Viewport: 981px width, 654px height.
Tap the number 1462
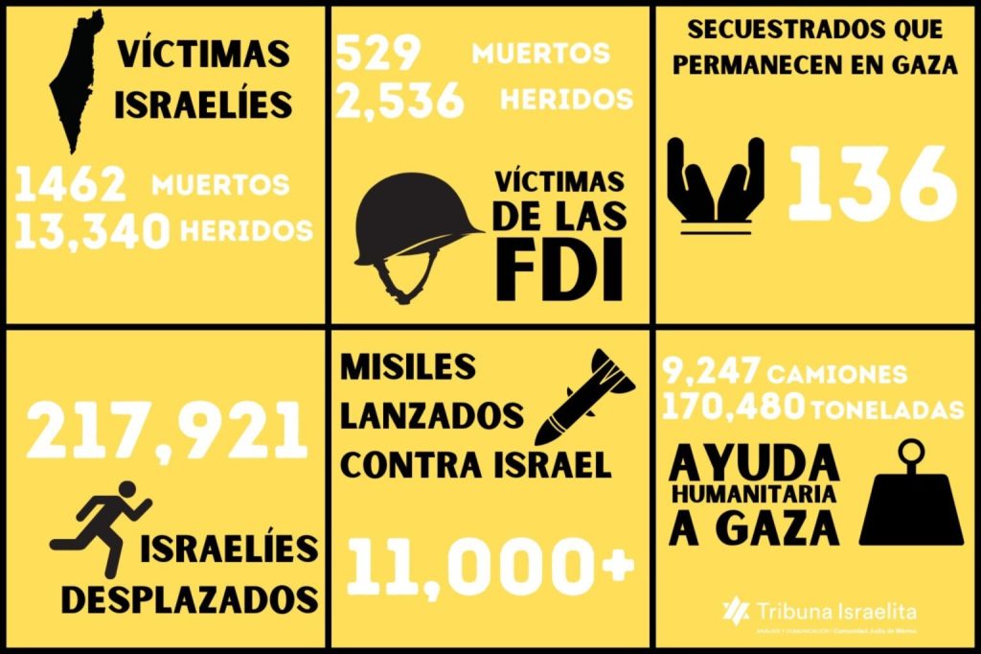(x=71, y=183)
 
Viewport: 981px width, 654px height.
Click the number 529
(x=378, y=55)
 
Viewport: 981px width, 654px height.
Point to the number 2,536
(x=400, y=100)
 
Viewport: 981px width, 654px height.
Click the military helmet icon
(x=418, y=234)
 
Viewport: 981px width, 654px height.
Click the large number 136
(x=872, y=184)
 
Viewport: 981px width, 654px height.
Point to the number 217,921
(x=168, y=431)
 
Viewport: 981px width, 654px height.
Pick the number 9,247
(x=711, y=371)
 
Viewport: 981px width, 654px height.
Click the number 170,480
(x=734, y=408)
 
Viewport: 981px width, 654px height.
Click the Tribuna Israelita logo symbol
(x=736, y=609)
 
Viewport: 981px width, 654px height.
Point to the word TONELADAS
(x=886, y=409)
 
